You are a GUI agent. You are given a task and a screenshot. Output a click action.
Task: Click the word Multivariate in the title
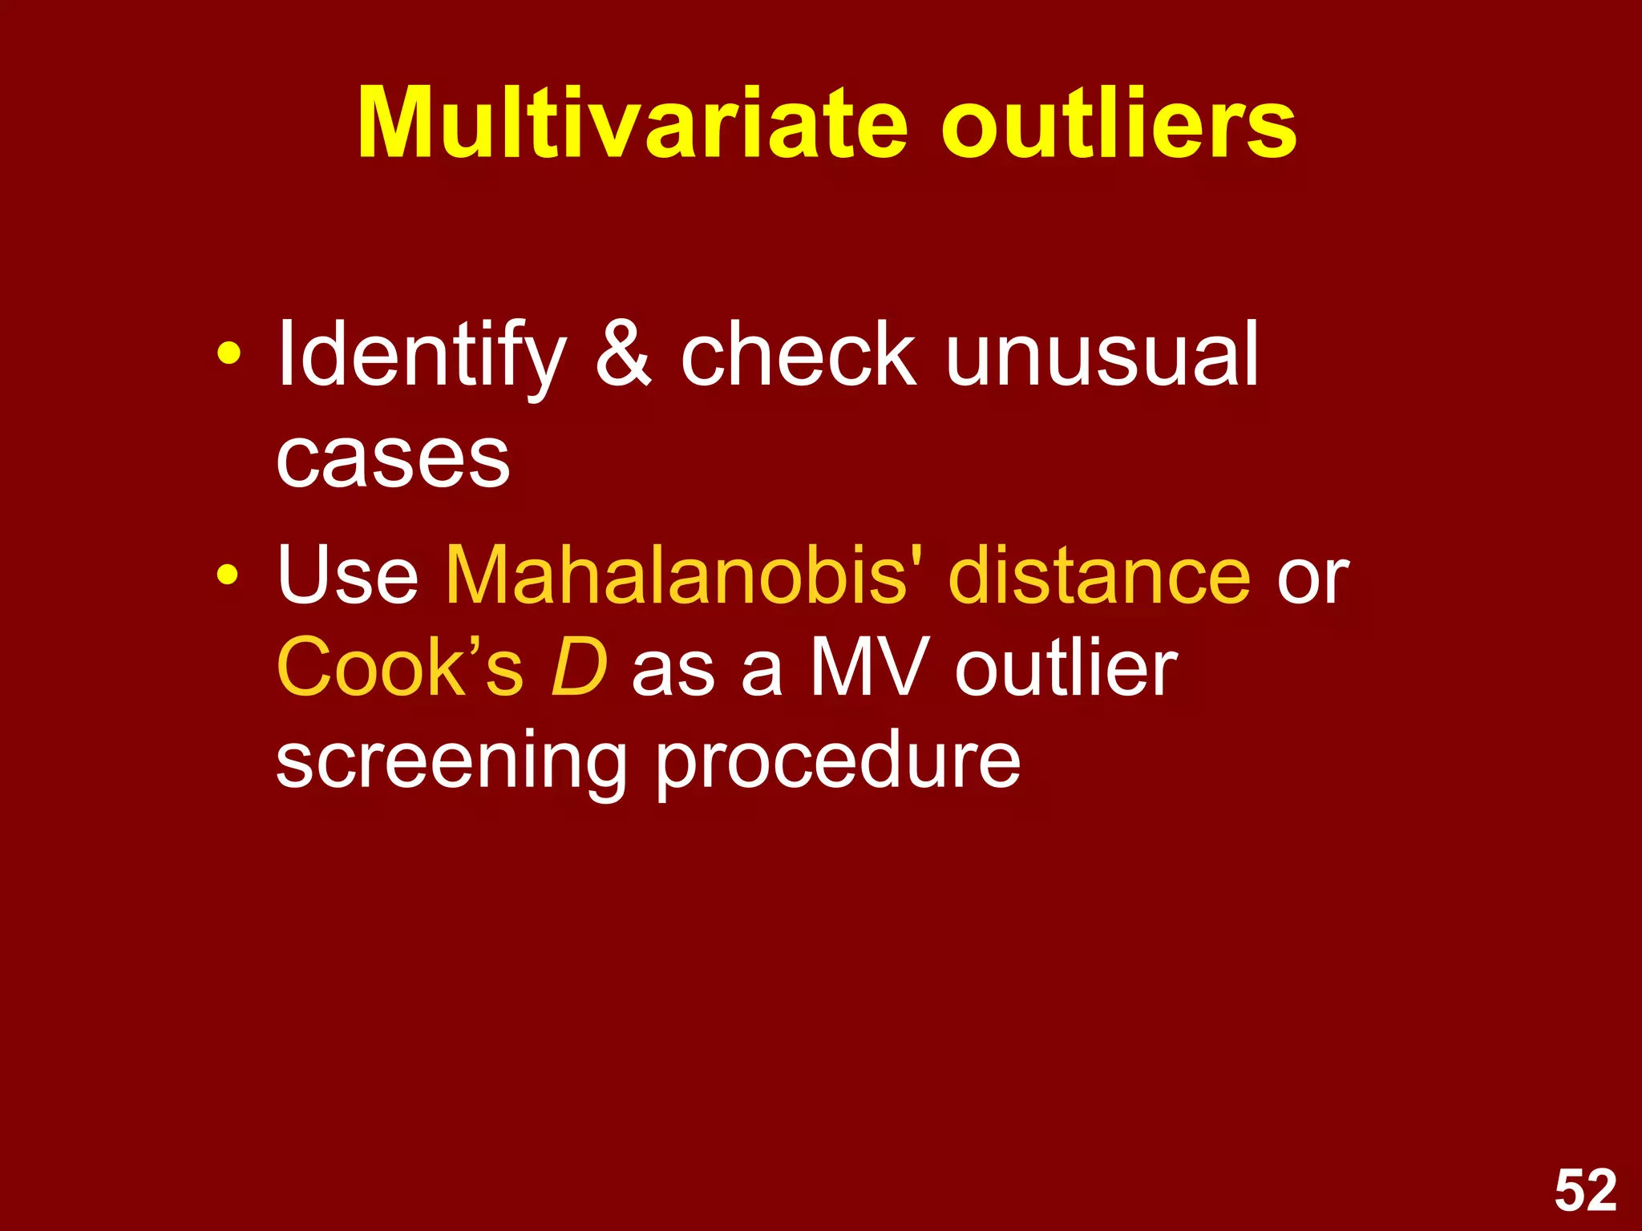tap(633, 124)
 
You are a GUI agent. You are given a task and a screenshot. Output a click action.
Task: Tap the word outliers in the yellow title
tap(1118, 124)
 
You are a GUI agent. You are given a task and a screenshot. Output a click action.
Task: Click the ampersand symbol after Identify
tap(623, 353)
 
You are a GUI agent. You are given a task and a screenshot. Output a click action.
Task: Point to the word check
tap(798, 353)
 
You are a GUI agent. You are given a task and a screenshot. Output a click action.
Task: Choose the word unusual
tap(1102, 353)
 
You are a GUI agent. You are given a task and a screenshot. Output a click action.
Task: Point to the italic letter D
tap(579, 667)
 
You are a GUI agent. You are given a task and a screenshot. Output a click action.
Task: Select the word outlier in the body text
tap(1066, 667)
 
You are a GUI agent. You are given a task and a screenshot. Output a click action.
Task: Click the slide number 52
tap(1585, 1191)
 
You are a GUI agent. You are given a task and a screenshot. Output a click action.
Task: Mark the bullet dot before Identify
tap(229, 353)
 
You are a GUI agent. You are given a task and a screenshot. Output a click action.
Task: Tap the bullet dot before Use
tap(229, 574)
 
